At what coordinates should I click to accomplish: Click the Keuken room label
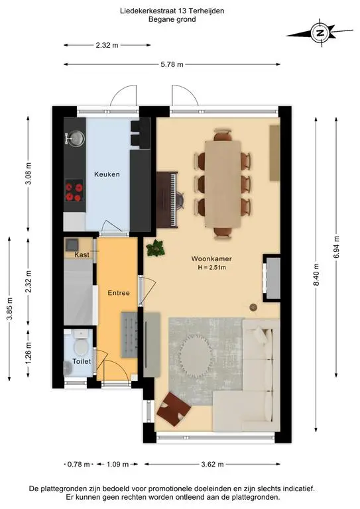point(107,174)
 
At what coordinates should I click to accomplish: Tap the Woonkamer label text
point(211,258)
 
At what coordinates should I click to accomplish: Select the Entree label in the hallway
point(119,293)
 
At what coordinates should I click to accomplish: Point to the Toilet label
point(82,361)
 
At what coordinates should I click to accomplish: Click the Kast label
point(82,254)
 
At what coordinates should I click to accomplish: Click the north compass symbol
point(320,32)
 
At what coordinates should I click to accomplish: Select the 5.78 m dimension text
point(172,64)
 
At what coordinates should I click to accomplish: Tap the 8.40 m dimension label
point(316,274)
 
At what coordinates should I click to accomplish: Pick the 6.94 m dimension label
point(336,247)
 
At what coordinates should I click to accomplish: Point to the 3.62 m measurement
point(212,464)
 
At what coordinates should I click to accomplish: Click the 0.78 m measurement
point(78,464)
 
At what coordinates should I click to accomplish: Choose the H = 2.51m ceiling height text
point(211,268)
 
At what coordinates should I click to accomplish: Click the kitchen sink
point(76,139)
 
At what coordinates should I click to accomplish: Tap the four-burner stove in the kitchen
point(74,191)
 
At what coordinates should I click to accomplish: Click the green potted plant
point(156,249)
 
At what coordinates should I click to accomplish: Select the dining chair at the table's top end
point(223,135)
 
